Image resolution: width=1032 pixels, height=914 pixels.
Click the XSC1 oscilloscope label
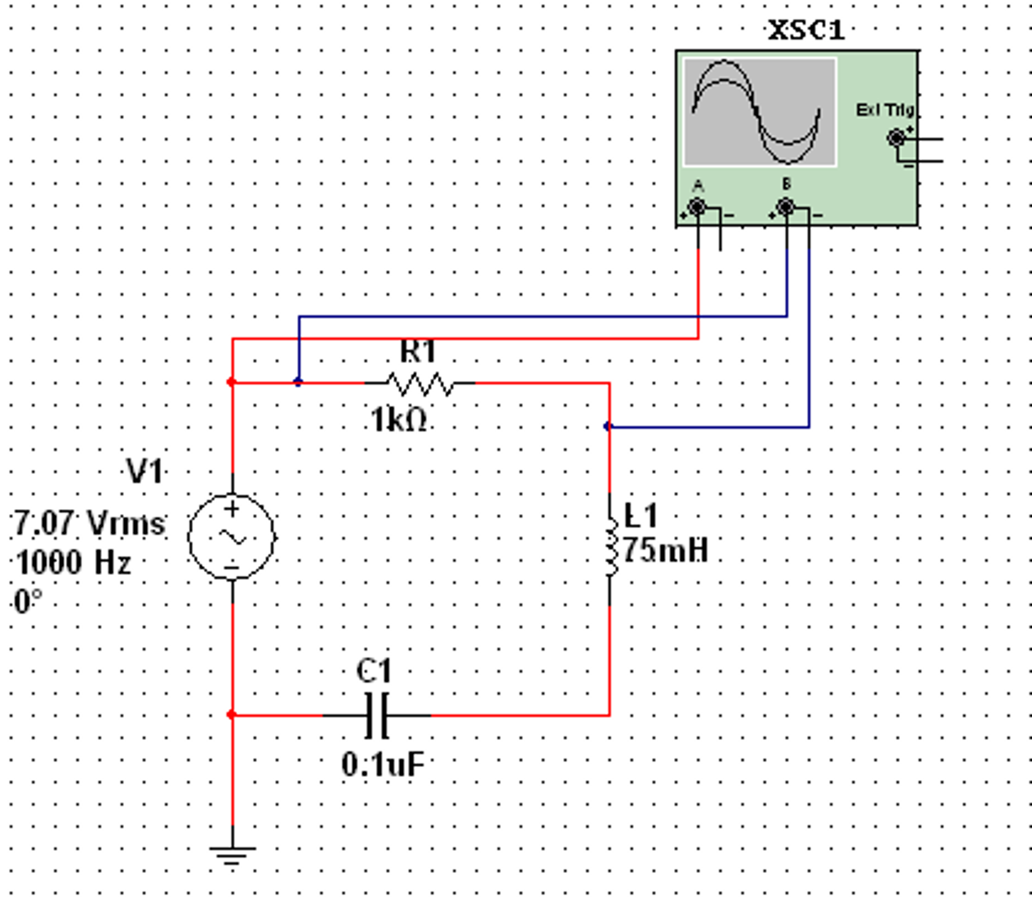point(806,30)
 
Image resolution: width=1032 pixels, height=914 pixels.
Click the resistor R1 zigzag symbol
point(419,384)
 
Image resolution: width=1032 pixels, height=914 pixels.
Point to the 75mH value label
point(665,550)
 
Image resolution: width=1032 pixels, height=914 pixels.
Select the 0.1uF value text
point(383,765)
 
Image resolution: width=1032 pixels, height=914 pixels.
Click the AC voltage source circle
point(232,537)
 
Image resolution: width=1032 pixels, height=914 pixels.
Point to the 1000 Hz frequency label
point(73,562)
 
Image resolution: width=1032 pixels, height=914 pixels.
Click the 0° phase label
point(28,601)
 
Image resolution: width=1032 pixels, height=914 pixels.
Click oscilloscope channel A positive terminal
point(697,207)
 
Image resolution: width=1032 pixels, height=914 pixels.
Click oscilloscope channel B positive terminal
point(785,207)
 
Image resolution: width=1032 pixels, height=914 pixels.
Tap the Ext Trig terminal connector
point(896,138)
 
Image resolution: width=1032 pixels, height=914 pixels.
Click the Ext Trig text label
point(885,109)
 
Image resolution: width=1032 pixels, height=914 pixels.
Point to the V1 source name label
point(145,472)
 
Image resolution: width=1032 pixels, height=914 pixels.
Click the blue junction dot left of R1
point(299,382)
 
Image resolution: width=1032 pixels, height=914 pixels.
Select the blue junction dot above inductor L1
point(608,427)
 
